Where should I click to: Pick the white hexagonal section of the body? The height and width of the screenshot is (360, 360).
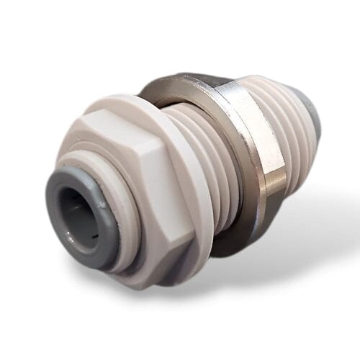point(137,180)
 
